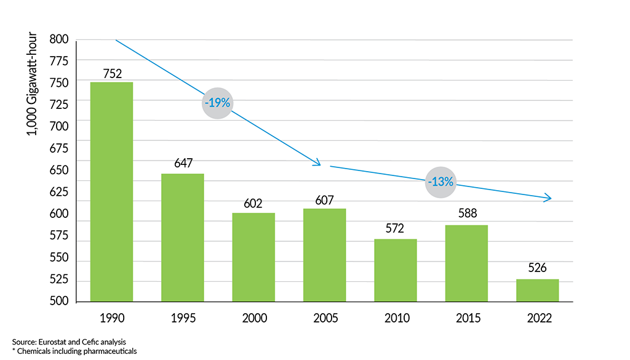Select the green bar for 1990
tap(111, 191)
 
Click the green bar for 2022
tap(538, 290)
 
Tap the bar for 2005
tap(324, 255)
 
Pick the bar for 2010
tap(395, 270)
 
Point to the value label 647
tap(183, 164)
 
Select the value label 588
tap(466, 215)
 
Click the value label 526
tap(537, 268)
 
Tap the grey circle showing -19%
tap(218, 103)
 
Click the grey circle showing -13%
tap(441, 182)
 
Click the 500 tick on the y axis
tap(59, 302)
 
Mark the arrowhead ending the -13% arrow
tap(549, 199)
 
